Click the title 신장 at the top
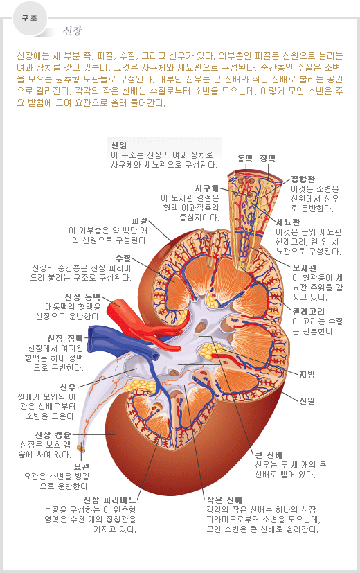[73, 30]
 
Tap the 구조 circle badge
[30, 19]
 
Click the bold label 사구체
[207, 188]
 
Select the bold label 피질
[140, 221]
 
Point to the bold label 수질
[123, 258]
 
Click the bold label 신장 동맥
[82, 297]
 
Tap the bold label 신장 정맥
[65, 339]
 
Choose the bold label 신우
[68, 387]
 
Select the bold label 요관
[82, 467]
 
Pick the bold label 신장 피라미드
[109, 500]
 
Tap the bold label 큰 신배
[269, 455]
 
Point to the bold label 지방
[307, 375]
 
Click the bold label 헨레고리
[308, 312]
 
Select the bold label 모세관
[305, 268]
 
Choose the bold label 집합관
[303, 179]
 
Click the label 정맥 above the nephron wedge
[268, 158]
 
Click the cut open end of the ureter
[80, 448]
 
